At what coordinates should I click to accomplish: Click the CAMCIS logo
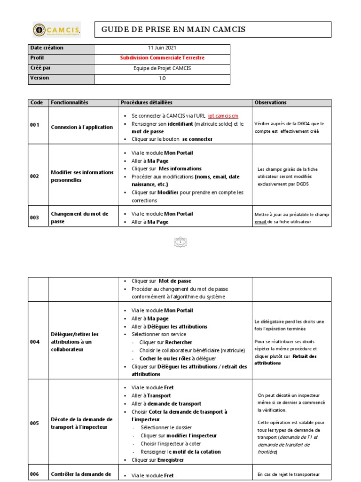coord(56,30)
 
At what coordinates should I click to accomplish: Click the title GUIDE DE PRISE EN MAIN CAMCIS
coord(173,30)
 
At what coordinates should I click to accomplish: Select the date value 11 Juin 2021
coord(162,48)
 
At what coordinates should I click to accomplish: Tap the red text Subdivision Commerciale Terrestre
coord(162,58)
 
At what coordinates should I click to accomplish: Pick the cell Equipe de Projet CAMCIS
coord(162,68)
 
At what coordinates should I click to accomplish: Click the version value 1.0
coord(162,79)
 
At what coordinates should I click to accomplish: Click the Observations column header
coord(270,103)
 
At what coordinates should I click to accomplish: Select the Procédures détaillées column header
coord(146,103)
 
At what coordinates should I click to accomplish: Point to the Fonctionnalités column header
coord(69,103)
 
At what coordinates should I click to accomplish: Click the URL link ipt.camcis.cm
coord(223,116)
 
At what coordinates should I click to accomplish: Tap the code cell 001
coord(35,125)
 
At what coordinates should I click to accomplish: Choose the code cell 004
coord(35,342)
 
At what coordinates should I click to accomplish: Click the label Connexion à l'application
coord(82,127)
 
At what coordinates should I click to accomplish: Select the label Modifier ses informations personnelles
coord(82,176)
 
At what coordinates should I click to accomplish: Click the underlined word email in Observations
coord(260,221)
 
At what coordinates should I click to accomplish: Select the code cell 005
coord(35,423)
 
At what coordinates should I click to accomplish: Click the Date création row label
coord(47,48)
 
